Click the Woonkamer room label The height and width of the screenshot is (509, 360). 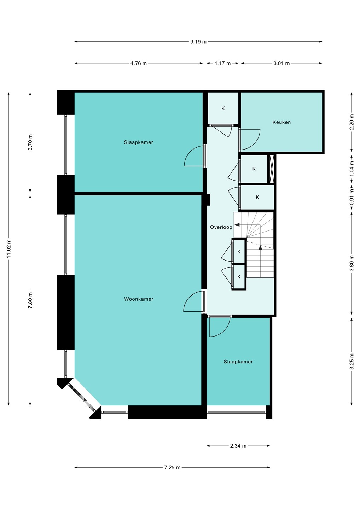pyautogui.click(x=139, y=299)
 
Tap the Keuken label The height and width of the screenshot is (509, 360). pyautogui.click(x=281, y=122)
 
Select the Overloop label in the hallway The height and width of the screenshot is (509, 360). pyautogui.click(x=221, y=227)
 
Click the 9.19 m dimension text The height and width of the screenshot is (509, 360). pyautogui.click(x=198, y=42)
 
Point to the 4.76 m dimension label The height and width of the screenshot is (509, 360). pyautogui.click(x=138, y=63)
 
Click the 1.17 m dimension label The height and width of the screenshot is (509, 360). pyautogui.click(x=222, y=63)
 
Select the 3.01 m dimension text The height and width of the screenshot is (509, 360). pyautogui.click(x=281, y=63)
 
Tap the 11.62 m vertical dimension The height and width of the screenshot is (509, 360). pyautogui.click(x=8, y=248)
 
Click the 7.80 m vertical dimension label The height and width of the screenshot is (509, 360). pyautogui.click(x=30, y=300)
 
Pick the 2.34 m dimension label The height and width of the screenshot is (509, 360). pyautogui.click(x=238, y=446)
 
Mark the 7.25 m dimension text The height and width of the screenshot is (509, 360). pyautogui.click(x=172, y=467)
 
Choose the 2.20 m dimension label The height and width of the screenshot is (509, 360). pyautogui.click(x=352, y=122)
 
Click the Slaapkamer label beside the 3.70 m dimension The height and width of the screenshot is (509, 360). pyautogui.click(x=138, y=142)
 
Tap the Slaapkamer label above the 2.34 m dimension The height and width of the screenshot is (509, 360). pyautogui.click(x=238, y=362)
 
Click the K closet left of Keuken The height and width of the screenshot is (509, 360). pyautogui.click(x=223, y=109)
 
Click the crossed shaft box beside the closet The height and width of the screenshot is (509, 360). pyautogui.click(x=271, y=169)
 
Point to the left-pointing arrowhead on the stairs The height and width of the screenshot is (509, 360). pyautogui.click(x=237, y=225)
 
